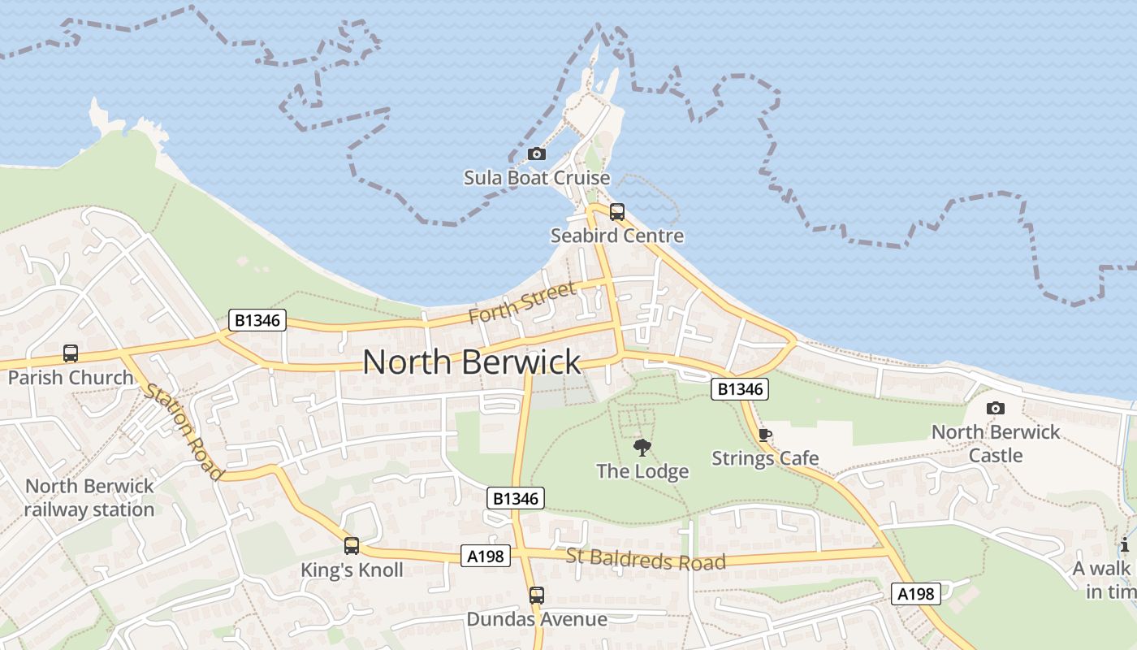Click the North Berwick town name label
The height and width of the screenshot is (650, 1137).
tap(472, 362)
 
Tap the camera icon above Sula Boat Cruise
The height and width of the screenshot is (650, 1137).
tap(536, 154)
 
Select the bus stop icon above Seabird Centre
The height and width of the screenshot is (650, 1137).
tap(617, 213)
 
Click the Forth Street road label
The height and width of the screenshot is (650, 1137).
tap(522, 302)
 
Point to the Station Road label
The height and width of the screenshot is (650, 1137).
tap(183, 431)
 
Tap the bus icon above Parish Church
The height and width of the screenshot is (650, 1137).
tap(71, 354)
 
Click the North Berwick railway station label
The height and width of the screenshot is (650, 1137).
tap(89, 498)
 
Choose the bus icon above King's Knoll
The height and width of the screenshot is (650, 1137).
tap(352, 546)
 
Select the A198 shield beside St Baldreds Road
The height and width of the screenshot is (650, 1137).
tap(486, 557)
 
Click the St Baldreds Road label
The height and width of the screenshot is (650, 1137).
tap(646, 560)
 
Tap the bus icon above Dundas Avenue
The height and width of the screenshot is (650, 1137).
tap(536, 596)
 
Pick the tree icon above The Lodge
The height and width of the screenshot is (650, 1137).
tap(642, 447)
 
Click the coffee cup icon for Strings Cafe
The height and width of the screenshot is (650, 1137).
tap(764, 435)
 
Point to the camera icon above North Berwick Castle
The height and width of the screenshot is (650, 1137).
tap(995, 408)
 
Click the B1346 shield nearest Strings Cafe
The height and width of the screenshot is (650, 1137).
tap(740, 389)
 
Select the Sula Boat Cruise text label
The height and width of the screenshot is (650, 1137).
tap(537, 178)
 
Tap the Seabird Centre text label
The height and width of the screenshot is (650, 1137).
tap(617, 236)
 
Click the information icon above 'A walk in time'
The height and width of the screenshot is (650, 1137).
tap(1125, 544)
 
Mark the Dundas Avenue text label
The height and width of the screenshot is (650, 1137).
tap(536, 619)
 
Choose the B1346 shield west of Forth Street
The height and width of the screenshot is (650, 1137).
tap(257, 320)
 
